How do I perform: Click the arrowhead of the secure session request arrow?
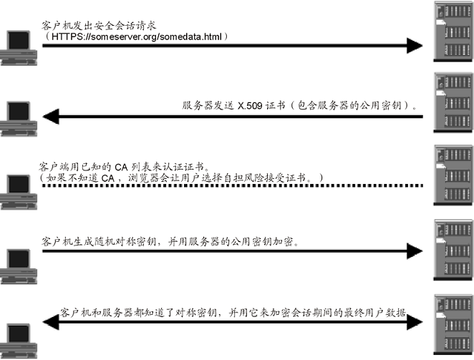(x=416, y=46)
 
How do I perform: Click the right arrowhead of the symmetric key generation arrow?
(x=416, y=253)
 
